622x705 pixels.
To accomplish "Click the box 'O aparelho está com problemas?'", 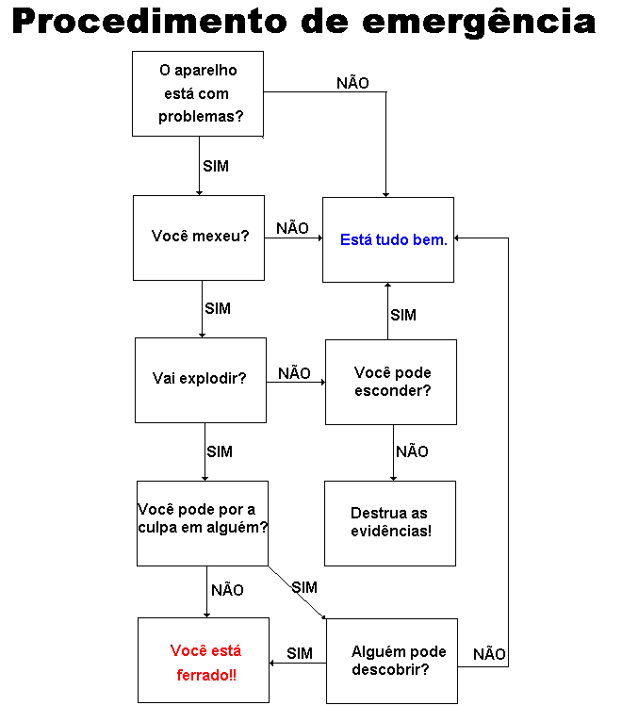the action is point(198,93).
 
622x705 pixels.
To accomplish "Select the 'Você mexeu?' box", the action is point(199,238).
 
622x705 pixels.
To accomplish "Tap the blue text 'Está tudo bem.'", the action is point(394,239).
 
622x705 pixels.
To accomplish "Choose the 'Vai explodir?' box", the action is point(201,380).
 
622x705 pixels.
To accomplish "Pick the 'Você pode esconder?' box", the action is point(391,382).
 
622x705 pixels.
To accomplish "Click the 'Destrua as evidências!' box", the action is point(390,523).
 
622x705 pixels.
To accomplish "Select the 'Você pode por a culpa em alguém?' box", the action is point(203,523).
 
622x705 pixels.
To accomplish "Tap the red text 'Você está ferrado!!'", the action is point(205,663).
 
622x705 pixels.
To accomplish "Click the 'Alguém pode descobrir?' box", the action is point(392,661).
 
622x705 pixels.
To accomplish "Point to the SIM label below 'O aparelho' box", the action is point(216,166).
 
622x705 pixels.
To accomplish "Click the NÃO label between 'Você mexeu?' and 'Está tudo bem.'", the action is point(292,227).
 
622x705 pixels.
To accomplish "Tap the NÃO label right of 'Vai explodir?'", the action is point(294,372).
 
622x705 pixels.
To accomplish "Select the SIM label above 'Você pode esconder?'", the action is point(403,315).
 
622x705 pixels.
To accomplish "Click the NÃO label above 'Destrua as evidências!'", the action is point(412,451).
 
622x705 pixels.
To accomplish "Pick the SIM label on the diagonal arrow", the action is point(304,587).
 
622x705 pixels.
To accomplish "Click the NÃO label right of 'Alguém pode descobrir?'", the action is point(489,653).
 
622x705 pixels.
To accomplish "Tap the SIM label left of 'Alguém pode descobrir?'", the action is point(300,653).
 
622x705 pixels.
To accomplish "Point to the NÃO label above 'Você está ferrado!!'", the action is point(227,589).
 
